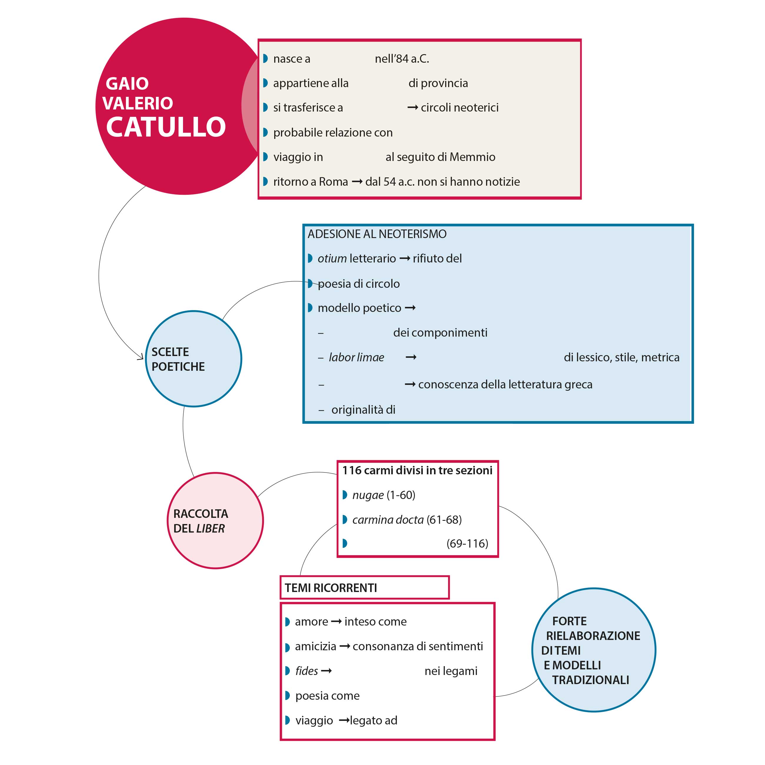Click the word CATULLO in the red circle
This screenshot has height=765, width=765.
click(x=166, y=127)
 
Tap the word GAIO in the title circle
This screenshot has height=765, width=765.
click(x=127, y=84)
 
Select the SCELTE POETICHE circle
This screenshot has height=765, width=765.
click(x=194, y=359)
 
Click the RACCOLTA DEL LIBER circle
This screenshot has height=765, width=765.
click(x=215, y=521)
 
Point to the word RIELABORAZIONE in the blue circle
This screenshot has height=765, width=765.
click(x=593, y=636)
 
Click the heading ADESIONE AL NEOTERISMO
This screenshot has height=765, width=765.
click(x=377, y=234)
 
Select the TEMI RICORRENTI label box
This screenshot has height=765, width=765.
click(x=364, y=588)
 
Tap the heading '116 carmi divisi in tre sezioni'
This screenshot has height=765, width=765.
click(x=417, y=470)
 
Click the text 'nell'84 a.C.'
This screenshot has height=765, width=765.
click(x=402, y=59)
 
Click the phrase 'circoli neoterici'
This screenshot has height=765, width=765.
click(x=460, y=108)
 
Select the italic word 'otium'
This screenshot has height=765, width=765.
click(x=332, y=259)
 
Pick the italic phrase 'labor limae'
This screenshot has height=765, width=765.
click(x=356, y=357)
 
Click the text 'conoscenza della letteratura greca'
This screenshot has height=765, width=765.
click(x=505, y=385)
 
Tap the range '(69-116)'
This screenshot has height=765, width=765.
click(x=467, y=544)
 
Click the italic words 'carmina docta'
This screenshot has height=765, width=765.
click(x=388, y=520)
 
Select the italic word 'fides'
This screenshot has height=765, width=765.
click(x=307, y=671)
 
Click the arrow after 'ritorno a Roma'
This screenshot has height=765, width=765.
click(x=357, y=182)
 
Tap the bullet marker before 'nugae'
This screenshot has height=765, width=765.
click(x=345, y=495)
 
